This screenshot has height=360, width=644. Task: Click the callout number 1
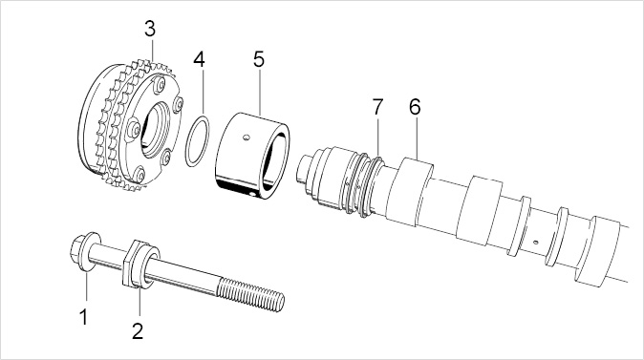pyautogui.click(x=84, y=317)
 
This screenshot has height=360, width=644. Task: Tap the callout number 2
pyautogui.click(x=138, y=330)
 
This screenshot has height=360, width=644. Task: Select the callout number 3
pyautogui.click(x=150, y=30)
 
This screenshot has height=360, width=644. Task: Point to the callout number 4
pyautogui.click(x=199, y=59)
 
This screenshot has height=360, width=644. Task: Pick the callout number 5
pyautogui.click(x=259, y=59)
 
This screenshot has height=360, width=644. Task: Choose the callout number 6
pyautogui.click(x=416, y=107)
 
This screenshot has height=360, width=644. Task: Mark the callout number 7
pyautogui.click(x=377, y=107)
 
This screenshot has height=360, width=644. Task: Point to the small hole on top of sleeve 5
pyautogui.click(x=246, y=138)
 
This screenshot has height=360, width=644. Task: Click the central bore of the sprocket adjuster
pyautogui.click(x=155, y=130)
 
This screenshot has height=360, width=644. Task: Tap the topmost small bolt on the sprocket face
pyautogui.click(x=161, y=85)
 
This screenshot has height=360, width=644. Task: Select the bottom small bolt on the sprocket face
pyautogui.click(x=140, y=175)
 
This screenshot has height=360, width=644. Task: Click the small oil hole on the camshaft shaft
pyautogui.click(x=536, y=242)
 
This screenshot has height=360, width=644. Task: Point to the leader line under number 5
pyautogui.click(x=261, y=92)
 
